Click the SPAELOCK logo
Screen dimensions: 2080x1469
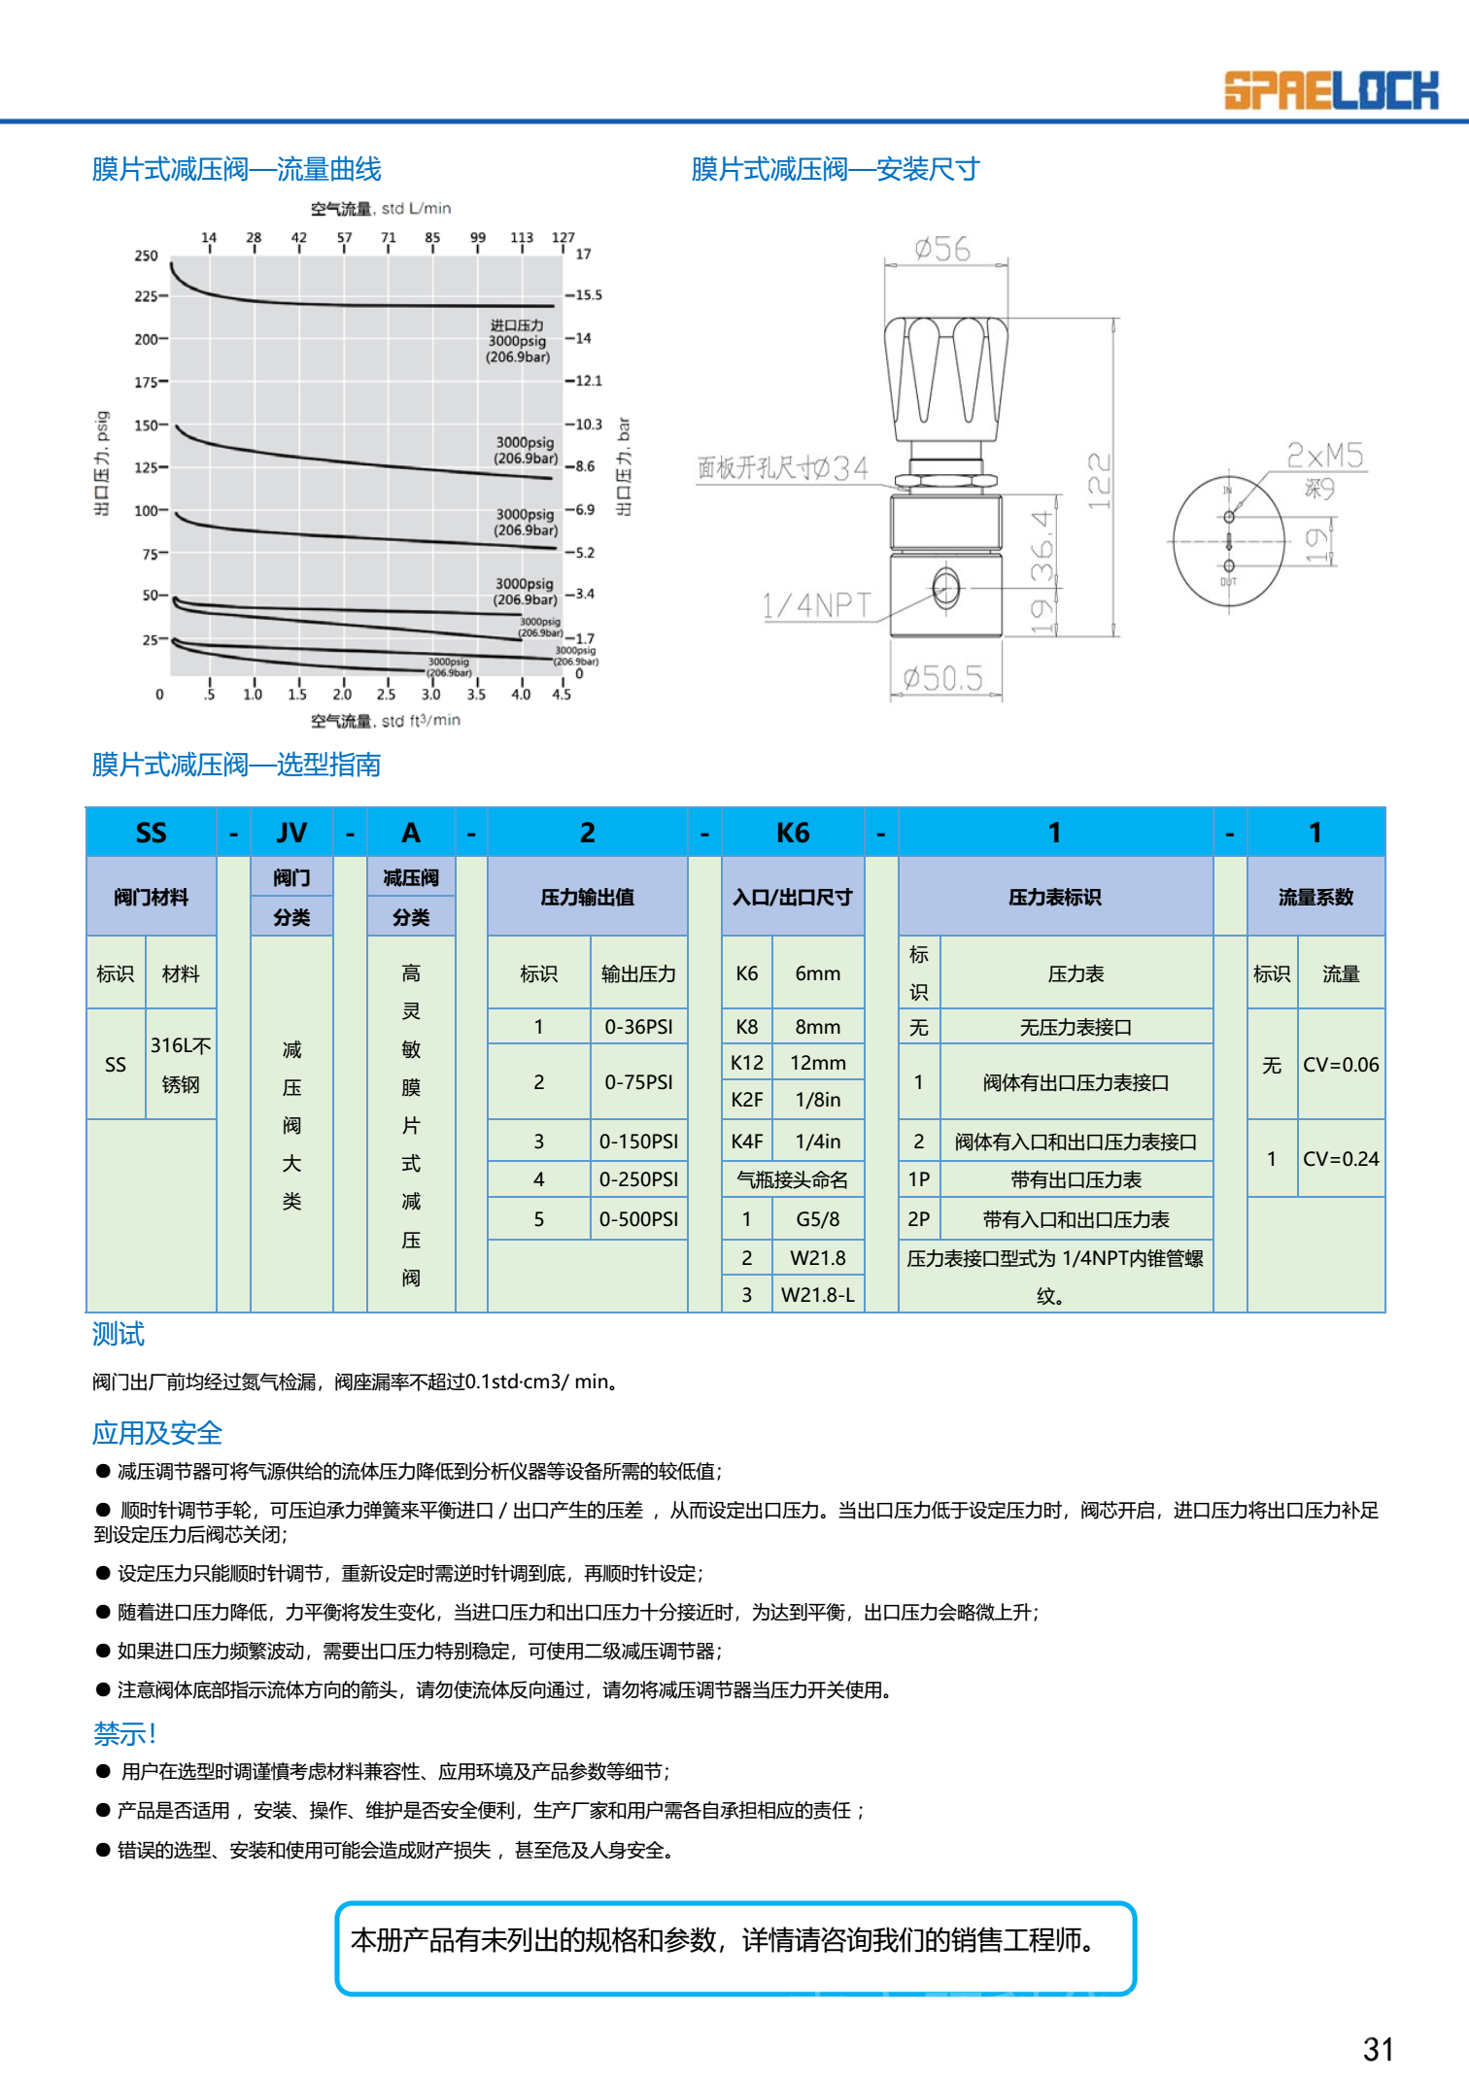1330,90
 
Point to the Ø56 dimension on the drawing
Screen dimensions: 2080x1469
942,250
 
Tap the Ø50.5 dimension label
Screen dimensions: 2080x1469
942,677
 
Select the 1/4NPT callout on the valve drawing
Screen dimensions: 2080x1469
817,606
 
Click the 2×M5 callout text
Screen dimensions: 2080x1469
1325,456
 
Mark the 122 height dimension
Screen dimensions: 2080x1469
1099,481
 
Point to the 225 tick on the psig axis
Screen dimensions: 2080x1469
146,296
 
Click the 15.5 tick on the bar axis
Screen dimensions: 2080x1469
588,295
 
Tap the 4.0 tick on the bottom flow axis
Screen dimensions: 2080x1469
521,694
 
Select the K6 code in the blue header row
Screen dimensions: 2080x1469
793,833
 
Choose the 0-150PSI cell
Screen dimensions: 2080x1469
638,1142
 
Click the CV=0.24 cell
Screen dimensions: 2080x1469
1341,1159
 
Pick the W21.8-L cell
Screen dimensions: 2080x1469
818,1295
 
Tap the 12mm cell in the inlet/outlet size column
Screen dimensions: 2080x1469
818,1063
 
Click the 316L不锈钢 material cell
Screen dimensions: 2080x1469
181,1065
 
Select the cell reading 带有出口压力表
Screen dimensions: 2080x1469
1076,1180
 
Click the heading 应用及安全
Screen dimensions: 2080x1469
157,1433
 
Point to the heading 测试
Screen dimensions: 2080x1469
119,1335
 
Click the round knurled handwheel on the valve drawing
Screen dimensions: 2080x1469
945,379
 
